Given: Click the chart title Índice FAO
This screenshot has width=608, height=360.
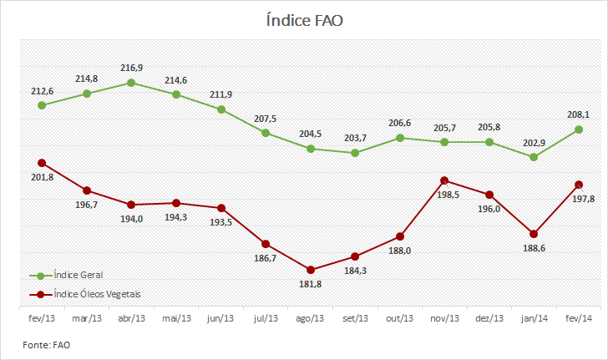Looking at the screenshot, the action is (x=304, y=20).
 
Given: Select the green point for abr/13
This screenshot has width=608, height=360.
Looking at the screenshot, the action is (x=131, y=83).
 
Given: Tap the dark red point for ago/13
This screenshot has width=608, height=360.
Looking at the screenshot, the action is (x=310, y=270).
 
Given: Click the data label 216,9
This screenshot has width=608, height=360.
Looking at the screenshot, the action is (x=131, y=68).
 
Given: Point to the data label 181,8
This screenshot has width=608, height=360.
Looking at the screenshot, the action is (x=310, y=284).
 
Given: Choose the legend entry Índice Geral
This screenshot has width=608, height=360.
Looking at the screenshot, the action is (x=66, y=276).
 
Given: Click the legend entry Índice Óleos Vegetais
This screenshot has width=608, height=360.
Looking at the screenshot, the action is (x=85, y=295).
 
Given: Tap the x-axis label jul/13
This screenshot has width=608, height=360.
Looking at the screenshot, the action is (x=266, y=318).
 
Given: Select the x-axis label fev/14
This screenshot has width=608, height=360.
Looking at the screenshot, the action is (x=579, y=318).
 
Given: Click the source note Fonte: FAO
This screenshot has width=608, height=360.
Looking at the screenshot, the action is (x=46, y=345).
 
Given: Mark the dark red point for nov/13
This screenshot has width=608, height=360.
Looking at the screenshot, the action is (x=444, y=180).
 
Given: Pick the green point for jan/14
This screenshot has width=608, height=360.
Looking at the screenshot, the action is (x=534, y=157).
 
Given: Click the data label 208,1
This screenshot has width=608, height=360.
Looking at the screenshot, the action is (x=578, y=114).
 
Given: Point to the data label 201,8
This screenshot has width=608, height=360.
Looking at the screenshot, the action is (x=43, y=178).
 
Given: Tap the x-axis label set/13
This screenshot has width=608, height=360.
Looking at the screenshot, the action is (x=355, y=318).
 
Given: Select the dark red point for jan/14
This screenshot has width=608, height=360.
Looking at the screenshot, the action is (x=534, y=234).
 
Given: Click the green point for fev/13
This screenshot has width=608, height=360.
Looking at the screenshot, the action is (x=42, y=105).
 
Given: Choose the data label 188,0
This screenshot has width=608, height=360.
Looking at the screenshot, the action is (x=400, y=251).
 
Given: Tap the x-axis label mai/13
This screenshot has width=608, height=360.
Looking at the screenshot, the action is (x=176, y=318).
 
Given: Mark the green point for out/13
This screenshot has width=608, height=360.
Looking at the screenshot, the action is (x=400, y=138).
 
